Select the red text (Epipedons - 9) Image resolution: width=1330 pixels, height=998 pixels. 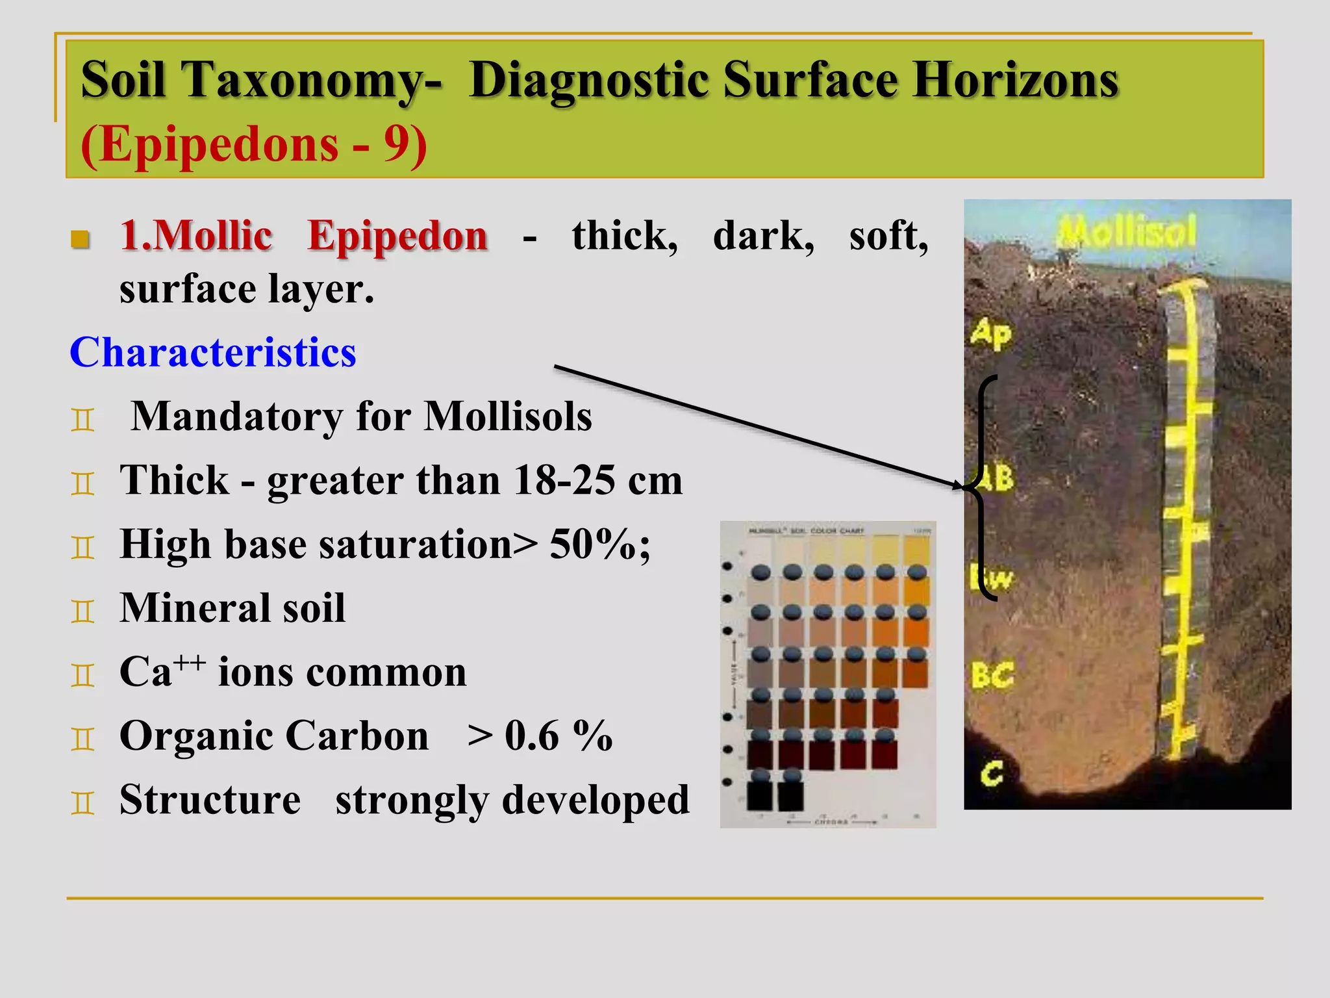click(253, 144)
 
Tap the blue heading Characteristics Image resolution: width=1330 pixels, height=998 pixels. click(212, 353)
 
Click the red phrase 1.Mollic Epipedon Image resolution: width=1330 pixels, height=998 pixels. click(303, 236)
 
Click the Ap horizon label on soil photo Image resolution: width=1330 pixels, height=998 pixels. click(991, 334)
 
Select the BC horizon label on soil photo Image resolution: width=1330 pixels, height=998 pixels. click(992, 676)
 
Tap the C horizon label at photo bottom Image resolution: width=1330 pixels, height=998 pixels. click(992, 773)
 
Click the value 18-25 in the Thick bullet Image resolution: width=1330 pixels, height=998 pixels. click(564, 481)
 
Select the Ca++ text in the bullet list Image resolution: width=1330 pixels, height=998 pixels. click(162, 671)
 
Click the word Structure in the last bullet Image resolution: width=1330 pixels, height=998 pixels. click(210, 800)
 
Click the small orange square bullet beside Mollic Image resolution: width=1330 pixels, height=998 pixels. click(81, 239)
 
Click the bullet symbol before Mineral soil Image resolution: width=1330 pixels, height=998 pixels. click(82, 611)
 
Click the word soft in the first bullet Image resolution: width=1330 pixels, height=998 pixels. click(888, 236)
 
